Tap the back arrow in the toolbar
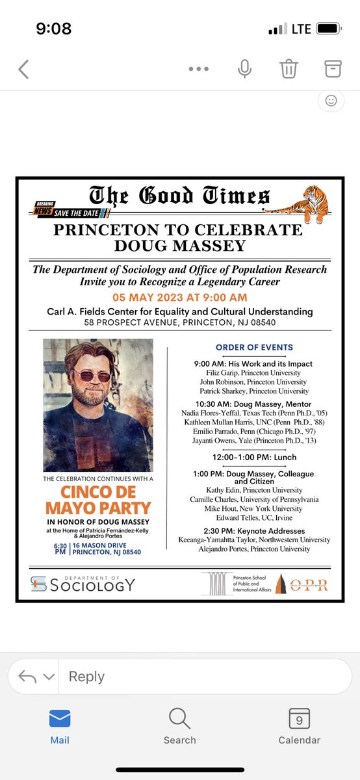pos(24,69)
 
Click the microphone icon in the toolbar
pos(244,69)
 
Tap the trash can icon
pos(288,68)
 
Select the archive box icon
pos(332,68)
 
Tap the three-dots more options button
pos(199,69)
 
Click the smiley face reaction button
pos(331,101)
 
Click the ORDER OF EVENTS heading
pos(254,347)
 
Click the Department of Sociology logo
pos(83,584)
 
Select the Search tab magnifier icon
pos(179,718)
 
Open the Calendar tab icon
pos(299,718)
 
